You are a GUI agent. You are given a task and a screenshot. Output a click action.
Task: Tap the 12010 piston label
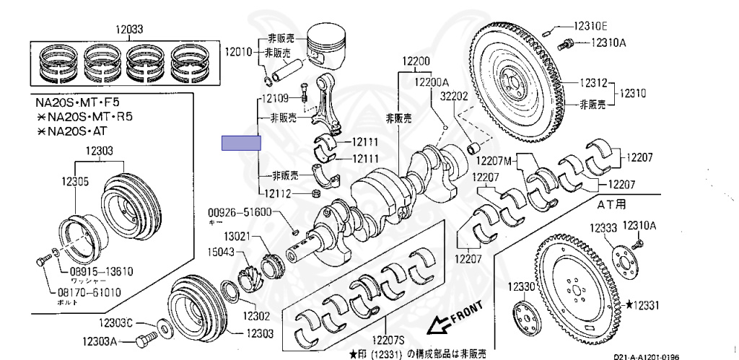(237, 53)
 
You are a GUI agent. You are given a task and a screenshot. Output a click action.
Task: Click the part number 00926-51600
(240, 212)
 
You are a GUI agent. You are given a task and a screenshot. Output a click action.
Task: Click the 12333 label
(603, 228)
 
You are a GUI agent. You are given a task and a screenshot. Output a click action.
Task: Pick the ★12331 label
(643, 306)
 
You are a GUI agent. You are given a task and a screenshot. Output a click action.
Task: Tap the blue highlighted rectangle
(241, 143)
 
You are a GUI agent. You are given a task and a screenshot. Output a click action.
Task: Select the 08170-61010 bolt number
(89, 292)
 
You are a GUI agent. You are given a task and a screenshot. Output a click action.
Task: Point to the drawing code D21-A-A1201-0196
(646, 356)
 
